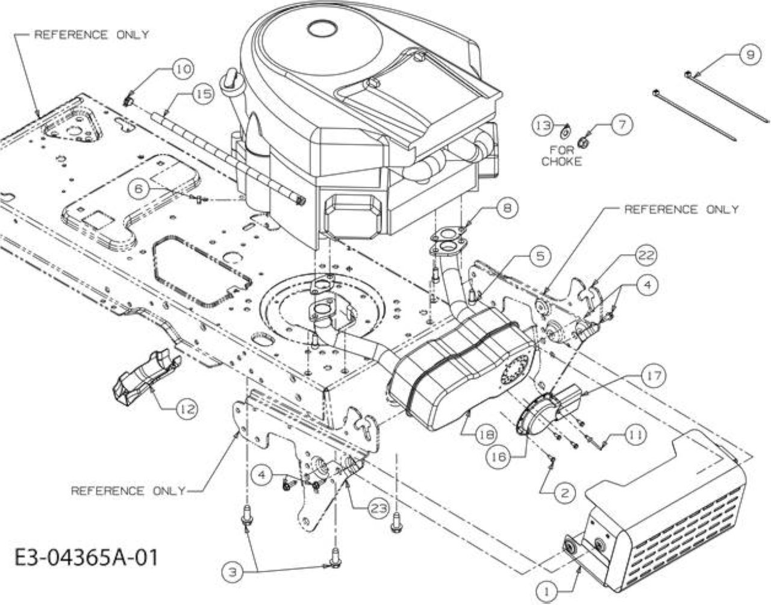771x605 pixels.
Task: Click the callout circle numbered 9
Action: pos(750,55)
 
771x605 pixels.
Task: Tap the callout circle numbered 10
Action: pos(184,69)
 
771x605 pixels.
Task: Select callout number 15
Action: pos(204,95)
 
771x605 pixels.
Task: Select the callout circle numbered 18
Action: pos(487,434)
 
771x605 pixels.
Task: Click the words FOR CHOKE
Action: pos(561,156)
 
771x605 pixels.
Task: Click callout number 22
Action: pos(645,255)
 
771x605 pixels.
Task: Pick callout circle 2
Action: pos(564,492)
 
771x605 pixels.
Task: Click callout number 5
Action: pos(540,256)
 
